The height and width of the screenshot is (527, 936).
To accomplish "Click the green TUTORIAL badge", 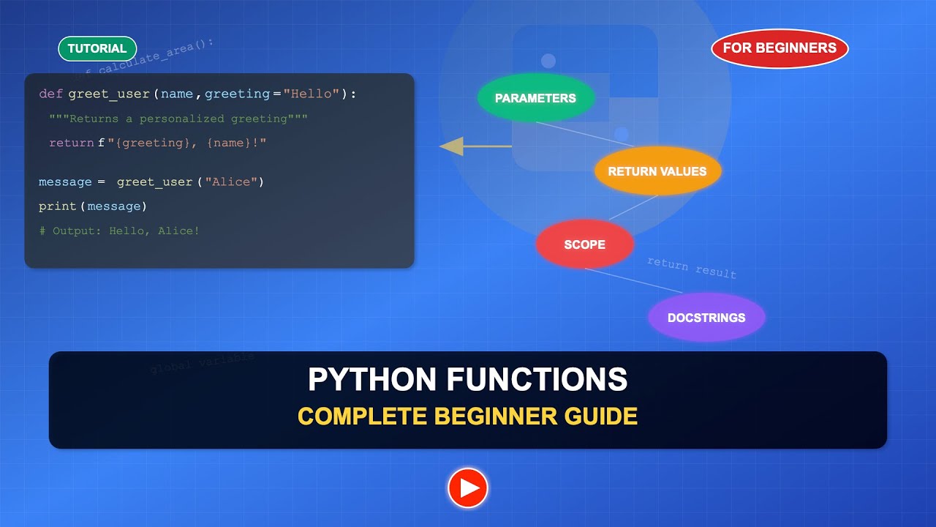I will coord(97,48).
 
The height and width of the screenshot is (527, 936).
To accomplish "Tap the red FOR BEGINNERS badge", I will coord(780,48).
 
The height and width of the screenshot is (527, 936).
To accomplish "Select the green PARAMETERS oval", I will coord(535,98).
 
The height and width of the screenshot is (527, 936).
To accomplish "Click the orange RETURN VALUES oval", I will coord(657,171).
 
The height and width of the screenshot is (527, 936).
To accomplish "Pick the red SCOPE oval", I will coord(584,244).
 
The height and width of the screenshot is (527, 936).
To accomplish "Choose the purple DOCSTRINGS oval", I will coord(706,318).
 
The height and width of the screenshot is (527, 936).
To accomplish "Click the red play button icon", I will coord(468,487).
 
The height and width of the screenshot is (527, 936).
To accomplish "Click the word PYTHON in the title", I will coord(371,380).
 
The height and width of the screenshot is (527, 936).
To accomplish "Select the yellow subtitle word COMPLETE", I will coord(362,416).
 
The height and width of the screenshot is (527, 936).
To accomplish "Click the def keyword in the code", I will coord(50,94).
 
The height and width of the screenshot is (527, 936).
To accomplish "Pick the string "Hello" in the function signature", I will coord(312,94).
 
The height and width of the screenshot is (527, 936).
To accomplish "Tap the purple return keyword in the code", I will coord(71,143).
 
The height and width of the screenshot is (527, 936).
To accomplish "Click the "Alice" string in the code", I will coord(232,182).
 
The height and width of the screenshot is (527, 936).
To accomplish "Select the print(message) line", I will coord(93,206).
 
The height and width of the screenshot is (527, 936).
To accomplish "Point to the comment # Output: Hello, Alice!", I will coord(119,231).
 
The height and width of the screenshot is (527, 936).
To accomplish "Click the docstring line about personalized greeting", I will coord(178,119).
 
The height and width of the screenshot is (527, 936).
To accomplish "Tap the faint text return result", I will coord(691,268).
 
